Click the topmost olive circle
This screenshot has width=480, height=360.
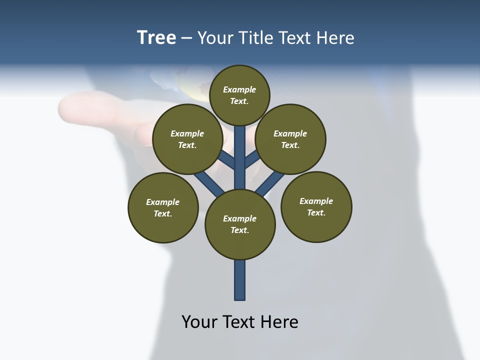239,95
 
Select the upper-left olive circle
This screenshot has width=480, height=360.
187,139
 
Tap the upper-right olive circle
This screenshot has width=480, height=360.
290,139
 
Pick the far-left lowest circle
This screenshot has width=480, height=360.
163,207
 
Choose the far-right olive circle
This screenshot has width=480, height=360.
316,206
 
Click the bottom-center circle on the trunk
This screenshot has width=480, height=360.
240,224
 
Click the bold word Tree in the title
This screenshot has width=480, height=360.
156,37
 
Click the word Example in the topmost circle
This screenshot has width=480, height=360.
239,89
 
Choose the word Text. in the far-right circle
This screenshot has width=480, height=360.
316,212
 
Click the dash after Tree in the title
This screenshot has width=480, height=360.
186,38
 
